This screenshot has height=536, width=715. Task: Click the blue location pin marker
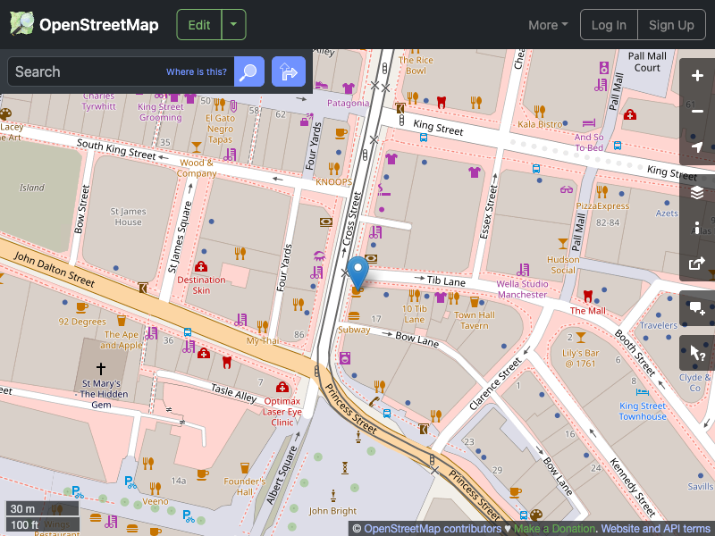(x=358, y=270)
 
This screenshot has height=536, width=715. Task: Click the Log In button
(x=609, y=25)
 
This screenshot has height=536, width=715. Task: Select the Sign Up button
(x=671, y=25)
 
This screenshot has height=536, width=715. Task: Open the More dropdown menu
(x=548, y=25)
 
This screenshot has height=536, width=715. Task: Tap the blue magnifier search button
(x=249, y=71)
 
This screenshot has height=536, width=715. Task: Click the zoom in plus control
(x=697, y=76)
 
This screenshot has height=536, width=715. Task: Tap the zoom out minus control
(x=697, y=112)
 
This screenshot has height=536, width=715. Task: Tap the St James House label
(x=128, y=216)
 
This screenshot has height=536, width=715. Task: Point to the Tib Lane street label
(x=446, y=281)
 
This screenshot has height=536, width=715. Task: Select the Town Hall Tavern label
(x=475, y=320)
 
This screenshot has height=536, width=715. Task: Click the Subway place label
(x=354, y=330)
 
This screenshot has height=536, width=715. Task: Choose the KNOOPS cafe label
(x=333, y=181)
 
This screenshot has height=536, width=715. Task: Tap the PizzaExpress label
(x=602, y=205)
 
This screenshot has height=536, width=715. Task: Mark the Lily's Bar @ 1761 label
(x=578, y=358)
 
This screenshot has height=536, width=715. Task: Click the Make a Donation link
(x=554, y=529)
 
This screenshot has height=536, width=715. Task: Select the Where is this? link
(x=197, y=72)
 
